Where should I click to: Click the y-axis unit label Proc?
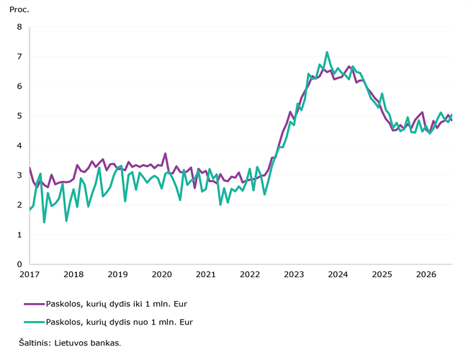(x=19, y=10)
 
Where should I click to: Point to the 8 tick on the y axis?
(x=19, y=27)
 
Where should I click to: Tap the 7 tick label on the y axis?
(x=19, y=56)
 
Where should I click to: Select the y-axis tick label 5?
(x=19, y=116)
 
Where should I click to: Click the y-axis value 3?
(x=19, y=175)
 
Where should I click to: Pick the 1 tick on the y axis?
(x=19, y=235)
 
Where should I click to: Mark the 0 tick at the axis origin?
(x=19, y=264)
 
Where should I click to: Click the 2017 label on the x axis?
(x=30, y=274)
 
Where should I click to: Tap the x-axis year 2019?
(x=117, y=274)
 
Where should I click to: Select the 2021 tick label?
(x=206, y=274)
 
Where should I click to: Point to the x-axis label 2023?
(x=294, y=274)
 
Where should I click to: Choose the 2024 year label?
(x=338, y=274)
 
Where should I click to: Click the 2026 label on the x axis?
(x=426, y=274)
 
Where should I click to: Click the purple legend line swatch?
(x=35, y=304)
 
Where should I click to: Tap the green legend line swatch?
(x=35, y=322)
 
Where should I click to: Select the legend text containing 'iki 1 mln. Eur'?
(x=117, y=304)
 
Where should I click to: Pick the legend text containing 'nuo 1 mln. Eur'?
(x=120, y=322)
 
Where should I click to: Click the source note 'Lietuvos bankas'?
(x=87, y=343)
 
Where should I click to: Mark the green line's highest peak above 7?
(x=327, y=53)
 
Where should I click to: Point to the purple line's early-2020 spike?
(x=165, y=154)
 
